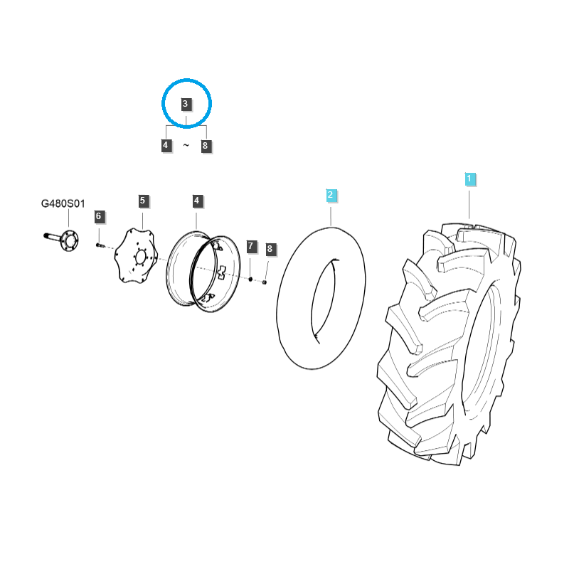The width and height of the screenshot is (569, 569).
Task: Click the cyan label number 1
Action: (469, 179)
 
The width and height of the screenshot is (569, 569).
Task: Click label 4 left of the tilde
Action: (166, 146)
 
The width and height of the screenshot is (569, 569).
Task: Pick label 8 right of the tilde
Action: (206, 146)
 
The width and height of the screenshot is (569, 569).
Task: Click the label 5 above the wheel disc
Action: (142, 201)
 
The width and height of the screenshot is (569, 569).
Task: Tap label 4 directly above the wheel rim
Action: (197, 201)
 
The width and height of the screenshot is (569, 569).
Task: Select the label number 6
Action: (99, 216)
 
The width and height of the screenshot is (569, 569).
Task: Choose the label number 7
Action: (250, 247)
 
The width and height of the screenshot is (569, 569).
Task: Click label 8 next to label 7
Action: (269, 249)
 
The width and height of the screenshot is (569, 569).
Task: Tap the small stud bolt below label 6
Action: (100, 245)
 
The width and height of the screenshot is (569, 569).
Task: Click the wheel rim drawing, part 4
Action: (196, 270)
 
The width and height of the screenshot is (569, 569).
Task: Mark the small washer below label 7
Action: (250, 279)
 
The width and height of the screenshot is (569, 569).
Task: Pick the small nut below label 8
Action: (265, 282)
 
